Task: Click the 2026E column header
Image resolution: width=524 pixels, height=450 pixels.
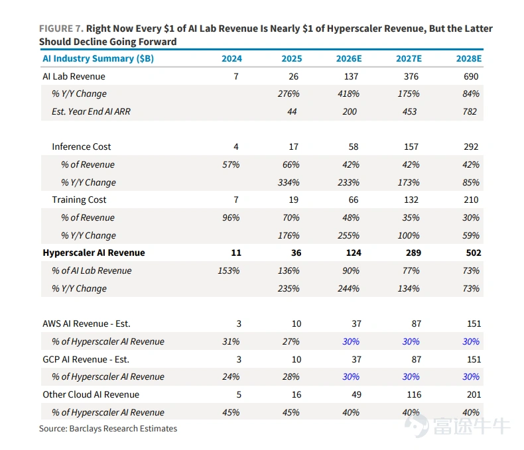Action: coord(348,58)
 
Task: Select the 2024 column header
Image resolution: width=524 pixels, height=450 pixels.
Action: coord(231,58)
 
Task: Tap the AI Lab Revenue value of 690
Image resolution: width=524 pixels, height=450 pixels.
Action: coord(471,76)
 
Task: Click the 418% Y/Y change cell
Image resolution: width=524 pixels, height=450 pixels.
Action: coord(348,94)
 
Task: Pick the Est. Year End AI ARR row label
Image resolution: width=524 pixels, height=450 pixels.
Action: coord(91,111)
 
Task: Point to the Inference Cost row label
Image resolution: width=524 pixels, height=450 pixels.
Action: coord(81,146)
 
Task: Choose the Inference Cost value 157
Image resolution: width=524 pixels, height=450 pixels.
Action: coord(411,146)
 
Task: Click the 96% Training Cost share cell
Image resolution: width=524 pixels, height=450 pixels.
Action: coord(231,217)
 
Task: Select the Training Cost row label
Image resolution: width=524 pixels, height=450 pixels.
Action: coord(79,199)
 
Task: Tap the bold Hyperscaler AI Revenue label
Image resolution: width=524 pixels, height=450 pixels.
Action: coord(94,253)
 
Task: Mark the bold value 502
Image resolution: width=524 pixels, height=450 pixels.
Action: coord(474,253)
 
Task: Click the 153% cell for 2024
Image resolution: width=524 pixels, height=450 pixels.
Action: coord(229,271)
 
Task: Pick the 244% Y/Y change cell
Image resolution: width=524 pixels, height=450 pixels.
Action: coord(348,288)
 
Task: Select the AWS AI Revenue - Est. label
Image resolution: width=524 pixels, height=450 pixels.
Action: coord(86,324)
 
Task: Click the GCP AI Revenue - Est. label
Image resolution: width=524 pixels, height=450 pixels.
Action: coord(86,359)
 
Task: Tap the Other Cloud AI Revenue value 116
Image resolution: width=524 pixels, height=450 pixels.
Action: coord(414,394)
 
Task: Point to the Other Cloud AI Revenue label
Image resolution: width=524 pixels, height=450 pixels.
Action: coord(91,394)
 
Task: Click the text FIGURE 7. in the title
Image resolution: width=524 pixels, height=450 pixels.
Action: coord(61,28)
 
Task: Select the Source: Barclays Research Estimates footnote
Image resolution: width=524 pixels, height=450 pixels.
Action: coord(108,429)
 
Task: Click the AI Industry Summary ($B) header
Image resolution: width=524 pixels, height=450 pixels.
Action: coord(98,59)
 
